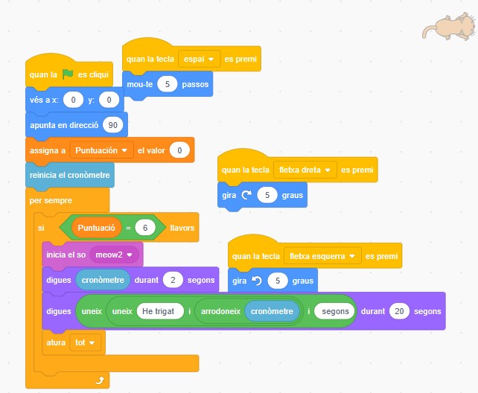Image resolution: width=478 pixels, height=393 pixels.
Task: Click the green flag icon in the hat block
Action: [x=68, y=74]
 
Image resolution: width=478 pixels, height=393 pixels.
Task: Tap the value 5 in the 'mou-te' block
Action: [x=168, y=85]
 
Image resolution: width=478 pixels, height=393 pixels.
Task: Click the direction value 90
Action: [x=113, y=124]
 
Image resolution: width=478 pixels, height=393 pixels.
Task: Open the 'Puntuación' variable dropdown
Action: [x=101, y=150]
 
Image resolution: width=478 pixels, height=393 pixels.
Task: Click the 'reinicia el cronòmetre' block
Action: [x=69, y=176]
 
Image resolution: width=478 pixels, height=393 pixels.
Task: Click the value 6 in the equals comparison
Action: [x=145, y=228]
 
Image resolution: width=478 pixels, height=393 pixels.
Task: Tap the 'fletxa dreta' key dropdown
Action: [x=305, y=170]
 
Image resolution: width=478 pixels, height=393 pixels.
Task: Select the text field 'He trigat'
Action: [x=159, y=311]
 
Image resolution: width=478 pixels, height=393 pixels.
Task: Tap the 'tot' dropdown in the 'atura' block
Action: [x=86, y=343]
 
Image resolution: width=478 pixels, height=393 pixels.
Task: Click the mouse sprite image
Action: [x=449, y=28]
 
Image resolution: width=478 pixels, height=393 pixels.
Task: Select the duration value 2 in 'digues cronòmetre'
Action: [x=173, y=281]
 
